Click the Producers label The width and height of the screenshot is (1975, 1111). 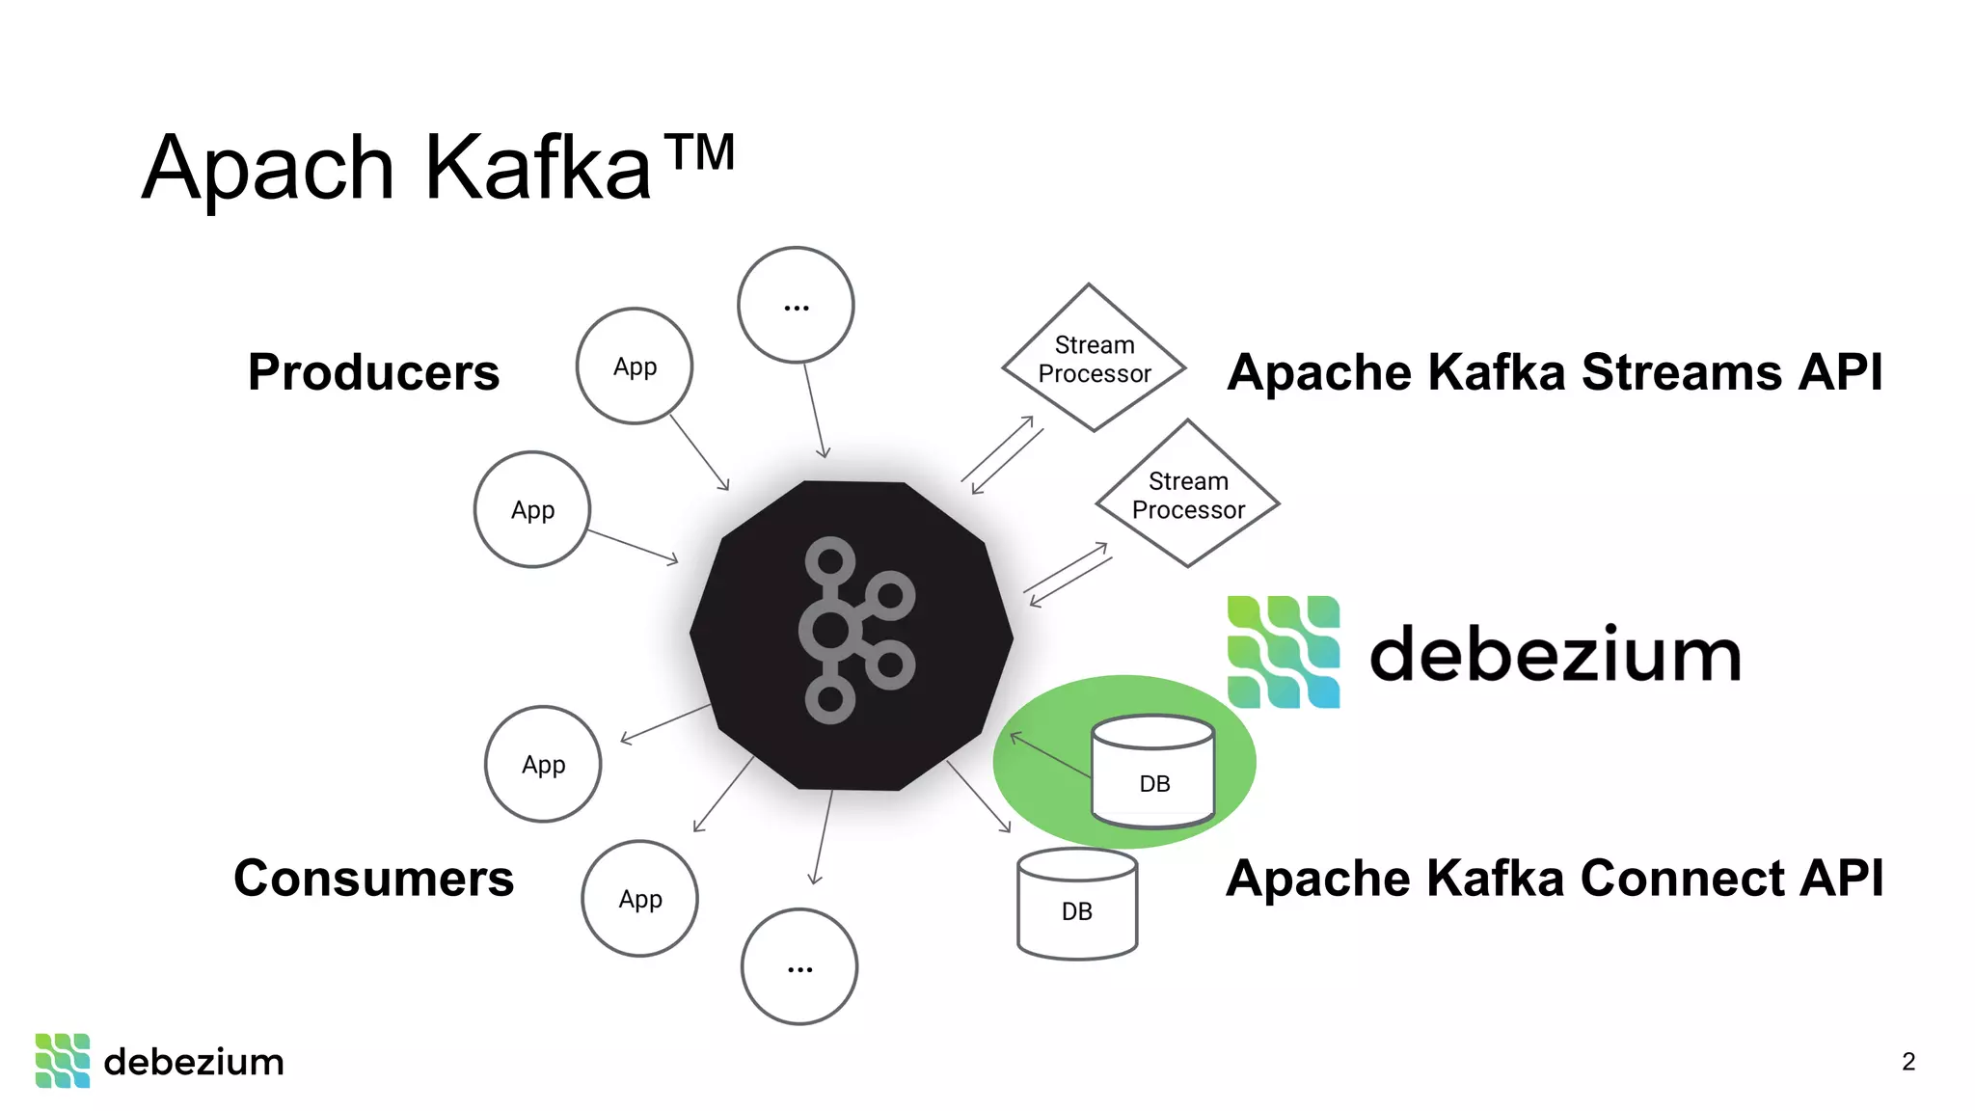[373, 372]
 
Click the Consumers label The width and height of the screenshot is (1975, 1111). [373, 879]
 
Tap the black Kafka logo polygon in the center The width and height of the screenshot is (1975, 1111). [852, 635]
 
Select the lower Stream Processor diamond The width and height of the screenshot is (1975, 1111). [1187, 495]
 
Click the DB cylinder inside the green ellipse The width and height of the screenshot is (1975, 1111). [1153, 772]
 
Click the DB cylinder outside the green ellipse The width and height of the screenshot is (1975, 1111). [1077, 905]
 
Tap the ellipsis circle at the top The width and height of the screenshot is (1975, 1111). [796, 306]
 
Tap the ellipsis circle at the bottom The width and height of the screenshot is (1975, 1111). [799, 966]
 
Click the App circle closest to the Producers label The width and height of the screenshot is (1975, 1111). [635, 366]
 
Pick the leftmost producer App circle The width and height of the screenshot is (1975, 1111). [532, 509]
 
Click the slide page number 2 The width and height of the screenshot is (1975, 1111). [1907, 1062]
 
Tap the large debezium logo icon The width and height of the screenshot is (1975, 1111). [1283, 652]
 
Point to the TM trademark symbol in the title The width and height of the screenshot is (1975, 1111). [701, 152]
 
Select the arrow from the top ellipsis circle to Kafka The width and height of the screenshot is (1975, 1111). [815, 410]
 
